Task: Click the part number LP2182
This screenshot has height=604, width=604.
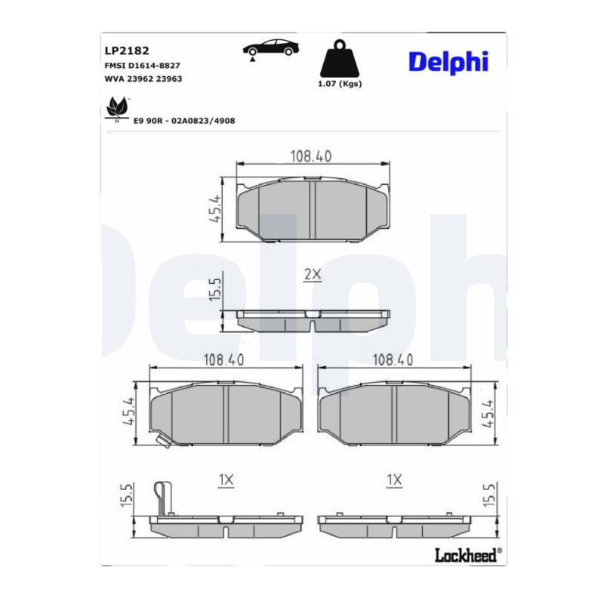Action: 127,51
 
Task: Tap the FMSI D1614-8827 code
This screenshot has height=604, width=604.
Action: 142,66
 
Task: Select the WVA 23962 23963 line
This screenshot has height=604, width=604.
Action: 143,79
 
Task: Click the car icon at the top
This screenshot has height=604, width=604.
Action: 271,49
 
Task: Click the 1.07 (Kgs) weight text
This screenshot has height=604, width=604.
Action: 340,84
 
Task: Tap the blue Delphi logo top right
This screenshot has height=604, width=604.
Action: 448,62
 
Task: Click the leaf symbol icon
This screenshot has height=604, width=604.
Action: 117,109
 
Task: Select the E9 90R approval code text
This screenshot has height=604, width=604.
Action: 184,121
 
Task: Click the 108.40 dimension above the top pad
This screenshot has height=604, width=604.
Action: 311,156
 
